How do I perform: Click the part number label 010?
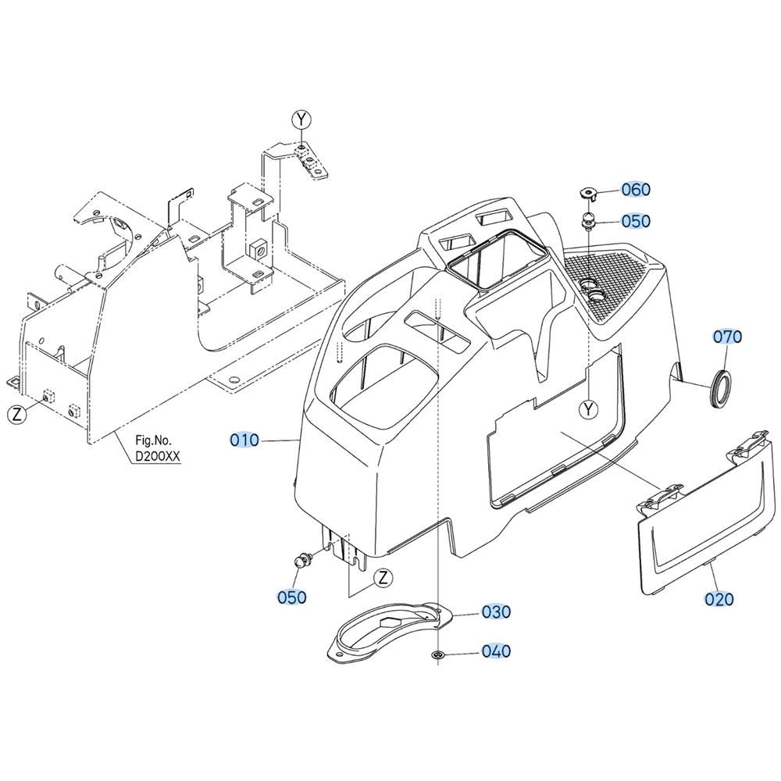[244, 440]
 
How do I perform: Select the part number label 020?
[719, 599]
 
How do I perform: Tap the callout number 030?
[496, 612]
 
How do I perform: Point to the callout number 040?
[496, 651]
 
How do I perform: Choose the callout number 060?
[636, 189]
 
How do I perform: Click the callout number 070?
[728, 337]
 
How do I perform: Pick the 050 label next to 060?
[636, 221]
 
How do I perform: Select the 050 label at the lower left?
[292, 597]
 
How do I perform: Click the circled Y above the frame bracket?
[301, 119]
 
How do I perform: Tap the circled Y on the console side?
[589, 409]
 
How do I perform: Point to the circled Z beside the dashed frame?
[17, 415]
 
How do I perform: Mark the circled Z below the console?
[383, 578]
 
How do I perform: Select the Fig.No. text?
[153, 440]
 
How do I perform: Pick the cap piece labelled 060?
[588, 193]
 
